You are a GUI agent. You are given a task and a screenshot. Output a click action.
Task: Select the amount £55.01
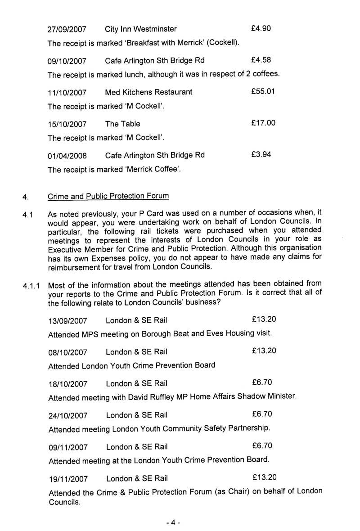263,92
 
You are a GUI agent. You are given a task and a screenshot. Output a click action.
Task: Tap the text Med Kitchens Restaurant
148,92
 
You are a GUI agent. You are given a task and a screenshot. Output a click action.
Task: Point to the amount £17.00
263,123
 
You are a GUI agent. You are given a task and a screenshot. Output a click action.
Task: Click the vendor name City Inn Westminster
140,29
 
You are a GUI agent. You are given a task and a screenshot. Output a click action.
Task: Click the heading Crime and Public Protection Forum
108,196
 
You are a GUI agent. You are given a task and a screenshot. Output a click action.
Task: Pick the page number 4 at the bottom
173,523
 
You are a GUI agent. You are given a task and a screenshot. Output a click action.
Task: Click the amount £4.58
261,60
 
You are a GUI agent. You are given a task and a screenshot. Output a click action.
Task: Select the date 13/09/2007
68,321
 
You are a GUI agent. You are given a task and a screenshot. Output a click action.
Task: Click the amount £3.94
261,154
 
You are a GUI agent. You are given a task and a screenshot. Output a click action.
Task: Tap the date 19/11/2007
68,479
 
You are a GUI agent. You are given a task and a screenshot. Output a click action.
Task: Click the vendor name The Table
122,124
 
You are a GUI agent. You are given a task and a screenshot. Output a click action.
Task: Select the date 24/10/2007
68,415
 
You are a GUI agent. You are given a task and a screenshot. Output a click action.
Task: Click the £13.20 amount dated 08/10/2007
264,351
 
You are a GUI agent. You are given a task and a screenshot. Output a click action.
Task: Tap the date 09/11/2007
68,447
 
